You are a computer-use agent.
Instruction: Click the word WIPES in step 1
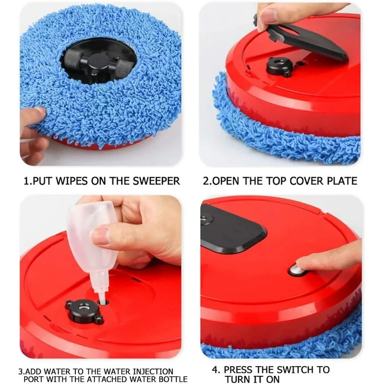coord(72,181)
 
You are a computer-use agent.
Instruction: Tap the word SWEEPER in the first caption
coord(156,181)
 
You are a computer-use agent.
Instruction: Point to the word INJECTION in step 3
coord(152,372)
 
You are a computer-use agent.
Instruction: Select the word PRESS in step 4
coord(240,370)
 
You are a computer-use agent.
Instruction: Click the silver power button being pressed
coord(296,271)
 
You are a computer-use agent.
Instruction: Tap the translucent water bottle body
coord(92,235)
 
